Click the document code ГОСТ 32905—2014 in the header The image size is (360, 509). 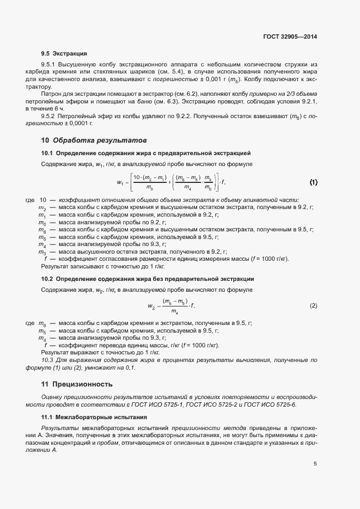289,37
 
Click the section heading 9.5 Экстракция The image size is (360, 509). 64,54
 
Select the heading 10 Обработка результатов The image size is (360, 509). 86,140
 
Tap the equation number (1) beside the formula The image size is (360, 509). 313,182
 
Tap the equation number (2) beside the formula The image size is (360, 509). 313,306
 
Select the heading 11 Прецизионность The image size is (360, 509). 77,384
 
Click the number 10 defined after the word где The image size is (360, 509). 43,200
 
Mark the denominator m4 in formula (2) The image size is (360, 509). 175,311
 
